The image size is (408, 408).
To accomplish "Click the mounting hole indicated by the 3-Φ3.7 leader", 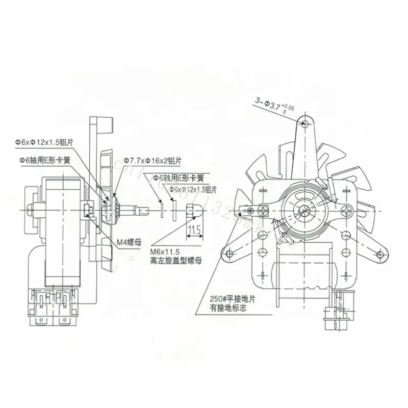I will [305, 124].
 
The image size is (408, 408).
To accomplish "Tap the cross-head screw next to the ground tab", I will [265, 209].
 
